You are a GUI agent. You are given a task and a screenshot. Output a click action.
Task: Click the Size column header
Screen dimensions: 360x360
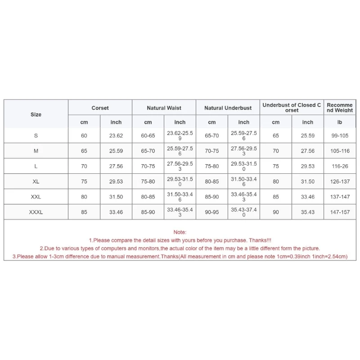pos(36,114)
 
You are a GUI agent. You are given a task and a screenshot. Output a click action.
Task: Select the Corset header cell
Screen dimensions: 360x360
pos(100,108)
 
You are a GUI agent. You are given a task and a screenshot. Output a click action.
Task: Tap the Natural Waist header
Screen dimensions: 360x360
pos(164,108)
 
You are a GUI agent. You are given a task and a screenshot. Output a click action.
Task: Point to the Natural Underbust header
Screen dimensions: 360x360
pos(228,108)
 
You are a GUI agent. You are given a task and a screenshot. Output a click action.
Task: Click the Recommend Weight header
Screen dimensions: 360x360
pos(340,108)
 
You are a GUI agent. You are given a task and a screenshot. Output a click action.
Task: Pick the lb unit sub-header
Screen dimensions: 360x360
pos(340,122)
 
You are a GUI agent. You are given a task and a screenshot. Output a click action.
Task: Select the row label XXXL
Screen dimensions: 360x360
pos(36,212)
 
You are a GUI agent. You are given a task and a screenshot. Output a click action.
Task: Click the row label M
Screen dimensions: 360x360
pos(36,151)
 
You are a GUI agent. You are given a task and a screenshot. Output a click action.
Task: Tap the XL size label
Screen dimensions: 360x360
pos(36,182)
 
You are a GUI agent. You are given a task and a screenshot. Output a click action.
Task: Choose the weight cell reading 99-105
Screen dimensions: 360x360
pos(340,136)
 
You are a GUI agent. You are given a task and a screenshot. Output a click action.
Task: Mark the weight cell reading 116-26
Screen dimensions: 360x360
pos(340,166)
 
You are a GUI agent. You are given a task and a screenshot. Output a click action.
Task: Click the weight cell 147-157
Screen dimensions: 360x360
pos(340,212)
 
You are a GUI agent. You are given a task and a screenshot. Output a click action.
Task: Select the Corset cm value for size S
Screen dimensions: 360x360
pos(84,136)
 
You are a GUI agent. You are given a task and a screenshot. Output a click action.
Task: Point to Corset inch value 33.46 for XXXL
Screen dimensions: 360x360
pos(116,212)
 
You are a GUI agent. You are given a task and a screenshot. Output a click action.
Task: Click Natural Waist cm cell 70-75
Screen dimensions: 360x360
pos(148,166)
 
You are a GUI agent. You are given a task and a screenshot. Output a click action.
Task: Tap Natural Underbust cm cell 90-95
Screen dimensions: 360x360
pos(212,212)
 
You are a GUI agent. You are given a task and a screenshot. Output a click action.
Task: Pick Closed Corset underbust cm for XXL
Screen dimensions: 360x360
pos(276,197)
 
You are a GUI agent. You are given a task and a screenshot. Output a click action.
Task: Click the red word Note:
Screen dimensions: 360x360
pos(180,232)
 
